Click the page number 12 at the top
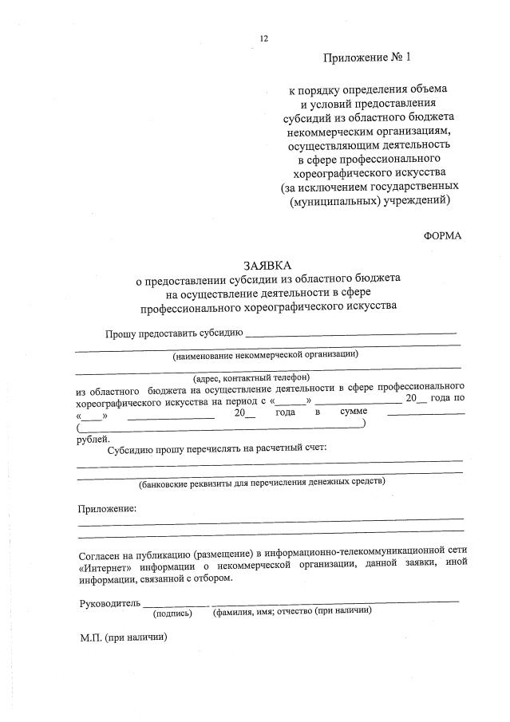[x=264, y=38]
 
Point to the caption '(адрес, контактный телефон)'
[x=251, y=377]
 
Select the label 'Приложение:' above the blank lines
[x=107, y=508]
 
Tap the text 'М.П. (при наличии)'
[x=122, y=638]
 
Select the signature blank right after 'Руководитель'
[x=177, y=603]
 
